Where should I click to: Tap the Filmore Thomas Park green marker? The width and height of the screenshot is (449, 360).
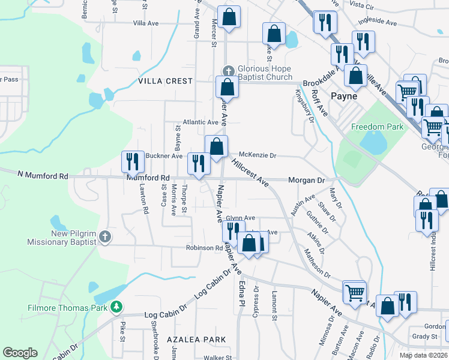(x=116, y=308)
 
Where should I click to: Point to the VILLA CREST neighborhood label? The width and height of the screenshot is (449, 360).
(x=165, y=81)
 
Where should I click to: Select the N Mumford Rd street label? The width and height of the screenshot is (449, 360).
(x=43, y=176)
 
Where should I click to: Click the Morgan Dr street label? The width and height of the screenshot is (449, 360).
(x=306, y=180)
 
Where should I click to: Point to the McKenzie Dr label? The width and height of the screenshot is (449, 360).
(x=258, y=155)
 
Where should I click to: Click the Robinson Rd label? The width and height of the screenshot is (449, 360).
(x=204, y=248)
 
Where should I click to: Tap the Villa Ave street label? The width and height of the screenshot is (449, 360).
(x=146, y=23)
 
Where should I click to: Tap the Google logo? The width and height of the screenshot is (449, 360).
(x=20, y=353)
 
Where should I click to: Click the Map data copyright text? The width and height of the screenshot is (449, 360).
(x=423, y=355)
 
